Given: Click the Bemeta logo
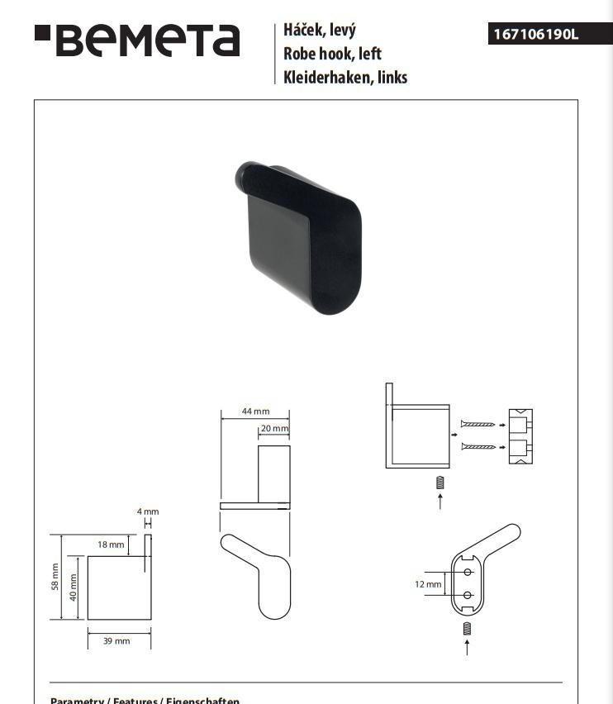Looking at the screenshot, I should [x=137, y=40].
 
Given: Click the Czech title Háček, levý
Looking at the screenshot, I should [x=319, y=31].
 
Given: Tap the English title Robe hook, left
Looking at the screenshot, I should [x=332, y=55].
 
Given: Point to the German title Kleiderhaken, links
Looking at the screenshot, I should [x=345, y=78].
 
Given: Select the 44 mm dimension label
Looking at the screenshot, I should [x=255, y=411].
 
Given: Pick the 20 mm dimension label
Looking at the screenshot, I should [x=274, y=429].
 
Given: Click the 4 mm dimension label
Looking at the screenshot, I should [x=148, y=511].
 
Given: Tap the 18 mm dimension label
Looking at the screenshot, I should [x=111, y=545].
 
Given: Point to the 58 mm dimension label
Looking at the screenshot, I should [x=55, y=577].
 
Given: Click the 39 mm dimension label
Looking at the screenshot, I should [x=116, y=641].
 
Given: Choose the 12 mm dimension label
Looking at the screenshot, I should [x=428, y=584].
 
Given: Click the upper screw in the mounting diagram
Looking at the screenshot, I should [x=478, y=424].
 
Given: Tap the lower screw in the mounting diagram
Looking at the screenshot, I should [x=478, y=447].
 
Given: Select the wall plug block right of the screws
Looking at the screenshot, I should [x=520, y=437].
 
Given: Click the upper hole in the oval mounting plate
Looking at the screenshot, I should [x=468, y=572].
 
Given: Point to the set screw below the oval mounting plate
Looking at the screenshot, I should [x=467, y=629].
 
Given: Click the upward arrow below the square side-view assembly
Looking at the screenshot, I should [x=440, y=501].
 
